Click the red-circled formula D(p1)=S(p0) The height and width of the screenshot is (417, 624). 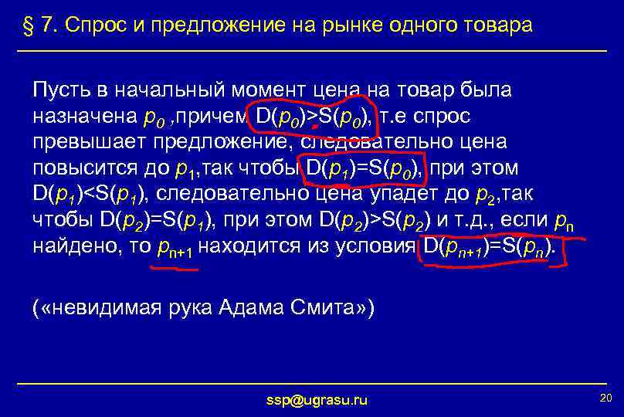pyautogui.click(x=362, y=169)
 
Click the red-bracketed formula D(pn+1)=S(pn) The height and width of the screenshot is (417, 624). pyautogui.click(x=487, y=248)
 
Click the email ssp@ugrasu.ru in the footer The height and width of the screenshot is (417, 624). pyautogui.click(x=317, y=399)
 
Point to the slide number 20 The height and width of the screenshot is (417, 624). pyautogui.click(x=605, y=397)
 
